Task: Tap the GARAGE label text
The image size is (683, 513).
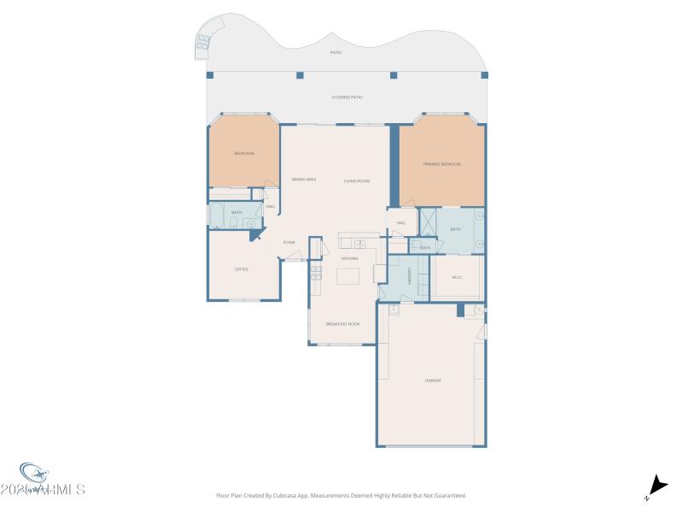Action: [x=433, y=380]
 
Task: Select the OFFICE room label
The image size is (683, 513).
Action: [x=242, y=269]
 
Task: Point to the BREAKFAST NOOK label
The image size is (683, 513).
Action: [x=342, y=324]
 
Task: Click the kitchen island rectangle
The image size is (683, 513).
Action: [x=349, y=277]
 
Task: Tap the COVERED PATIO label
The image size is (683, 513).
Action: [x=347, y=97]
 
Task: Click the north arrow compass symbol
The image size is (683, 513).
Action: [x=656, y=485]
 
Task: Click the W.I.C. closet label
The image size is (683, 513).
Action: [x=457, y=275]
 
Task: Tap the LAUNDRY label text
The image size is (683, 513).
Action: [x=410, y=276]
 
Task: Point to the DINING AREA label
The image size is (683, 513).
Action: [x=304, y=180]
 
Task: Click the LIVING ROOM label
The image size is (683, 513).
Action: [x=356, y=180]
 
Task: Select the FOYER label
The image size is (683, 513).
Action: [x=289, y=243]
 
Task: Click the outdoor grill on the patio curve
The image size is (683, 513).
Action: [x=206, y=39]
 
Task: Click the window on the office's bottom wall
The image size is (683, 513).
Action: [x=243, y=300]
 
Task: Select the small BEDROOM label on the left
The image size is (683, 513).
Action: [x=244, y=154]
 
